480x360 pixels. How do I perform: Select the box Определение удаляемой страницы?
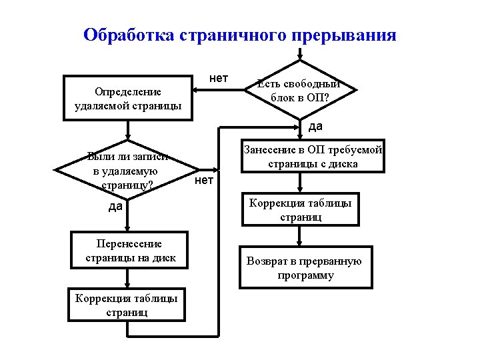[127, 99]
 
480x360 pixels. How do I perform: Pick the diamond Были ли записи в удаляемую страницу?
[126, 171]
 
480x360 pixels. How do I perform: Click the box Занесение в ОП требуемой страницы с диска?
[312, 157]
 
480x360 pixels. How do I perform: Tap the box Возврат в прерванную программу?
[304, 267]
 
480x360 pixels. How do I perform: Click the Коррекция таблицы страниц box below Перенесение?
[127, 305]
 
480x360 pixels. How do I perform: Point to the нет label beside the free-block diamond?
[218, 79]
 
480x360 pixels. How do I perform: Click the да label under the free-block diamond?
[315, 126]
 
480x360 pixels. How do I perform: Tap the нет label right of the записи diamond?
[204, 180]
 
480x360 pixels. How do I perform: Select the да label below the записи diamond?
[115, 207]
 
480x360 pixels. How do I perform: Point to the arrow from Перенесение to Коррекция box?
[127, 278]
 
